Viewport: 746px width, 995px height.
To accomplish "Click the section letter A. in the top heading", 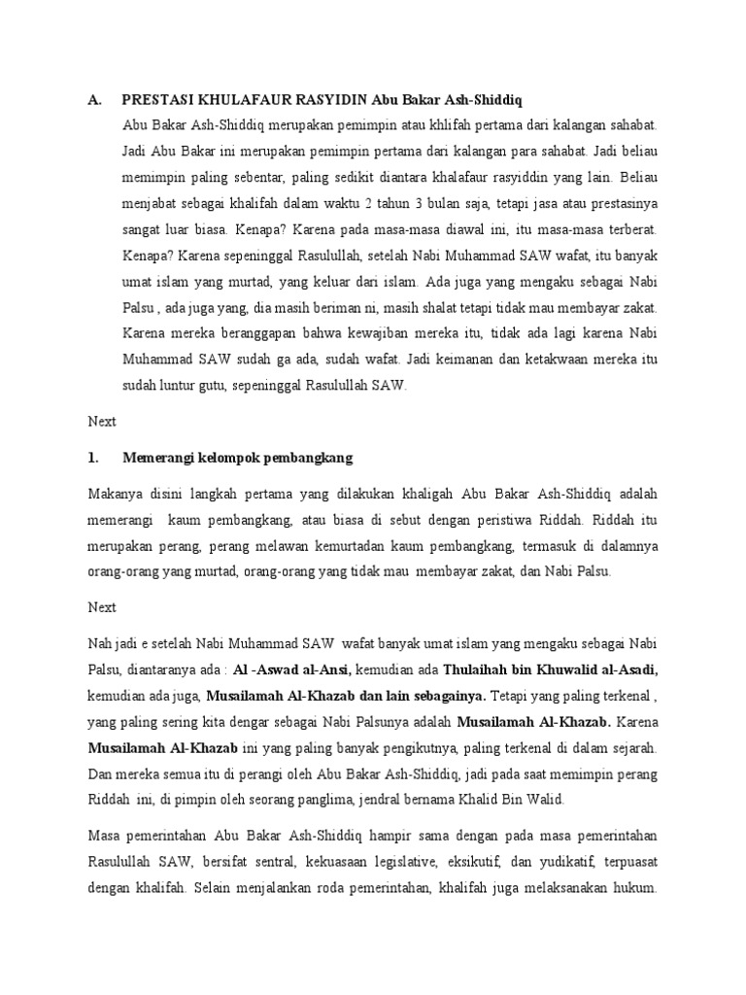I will click(x=94, y=100).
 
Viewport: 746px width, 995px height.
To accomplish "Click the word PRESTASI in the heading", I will click(x=158, y=100).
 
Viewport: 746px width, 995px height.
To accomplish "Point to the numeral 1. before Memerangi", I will click(x=93, y=457).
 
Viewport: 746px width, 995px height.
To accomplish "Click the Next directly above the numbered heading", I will click(x=101, y=422).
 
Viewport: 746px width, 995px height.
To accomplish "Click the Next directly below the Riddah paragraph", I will click(x=101, y=607).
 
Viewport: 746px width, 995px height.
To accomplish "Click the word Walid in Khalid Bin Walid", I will click(x=541, y=800).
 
